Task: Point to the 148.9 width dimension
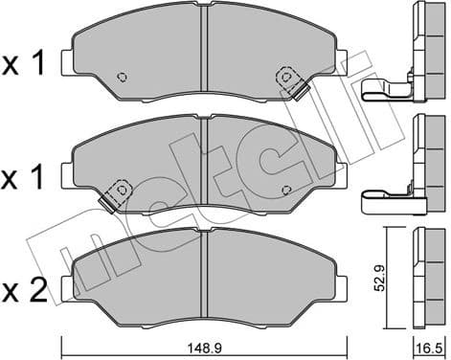203,349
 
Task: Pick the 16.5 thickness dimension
422,349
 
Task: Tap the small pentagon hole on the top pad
122,78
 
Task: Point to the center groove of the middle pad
204,163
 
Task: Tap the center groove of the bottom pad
204,273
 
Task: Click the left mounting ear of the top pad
66,65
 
